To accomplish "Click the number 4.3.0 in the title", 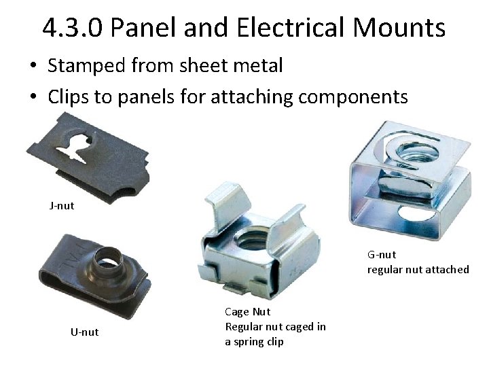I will click(71, 28).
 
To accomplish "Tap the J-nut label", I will click(61, 205).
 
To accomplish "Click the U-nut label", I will click(85, 332).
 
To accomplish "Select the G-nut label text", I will click(382, 255).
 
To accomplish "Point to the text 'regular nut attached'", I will click(418, 270).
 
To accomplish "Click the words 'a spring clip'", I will click(255, 342).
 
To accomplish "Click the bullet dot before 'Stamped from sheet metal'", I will click(33, 67).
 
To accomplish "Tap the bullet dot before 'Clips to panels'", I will click(33, 97).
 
